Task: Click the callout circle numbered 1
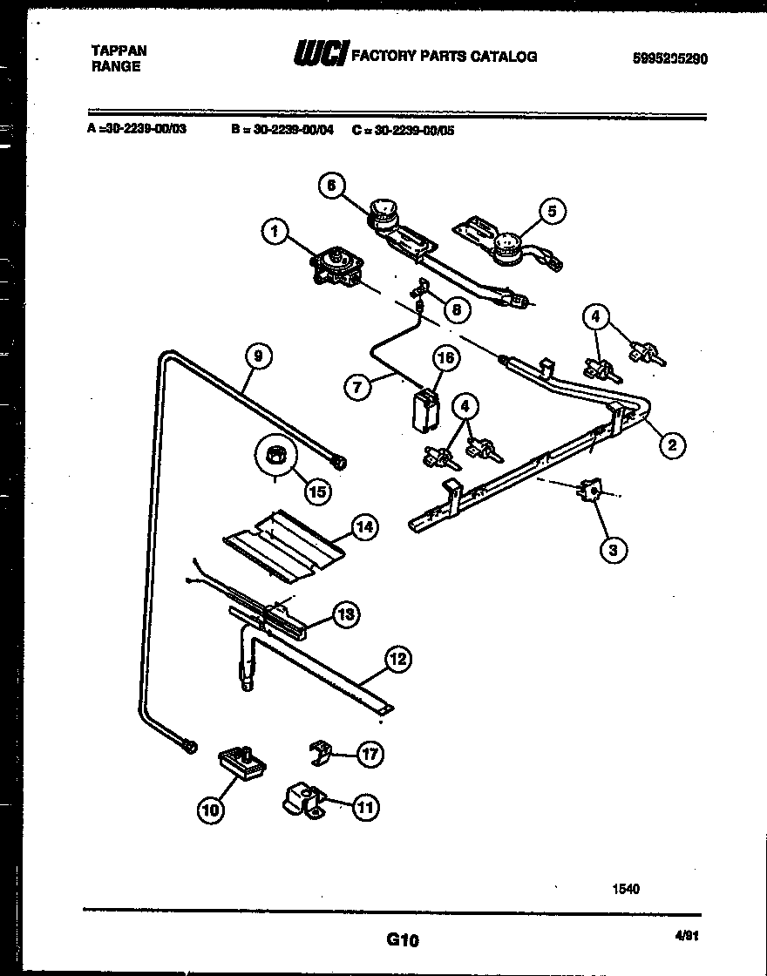pyautogui.click(x=275, y=232)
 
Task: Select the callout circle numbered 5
pyautogui.click(x=551, y=210)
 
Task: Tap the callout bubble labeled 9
pyautogui.click(x=258, y=356)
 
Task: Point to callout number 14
pyautogui.click(x=364, y=527)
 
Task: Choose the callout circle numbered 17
pyautogui.click(x=370, y=754)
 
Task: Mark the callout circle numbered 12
pyautogui.click(x=397, y=660)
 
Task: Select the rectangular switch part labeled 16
pyautogui.click(x=424, y=409)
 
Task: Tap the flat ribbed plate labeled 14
pyautogui.click(x=282, y=543)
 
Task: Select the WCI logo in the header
pyautogui.click(x=322, y=56)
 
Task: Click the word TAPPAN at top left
pyautogui.click(x=119, y=51)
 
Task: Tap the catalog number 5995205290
pyautogui.click(x=669, y=59)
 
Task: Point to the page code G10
pyautogui.click(x=402, y=940)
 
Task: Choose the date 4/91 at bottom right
pyautogui.click(x=687, y=937)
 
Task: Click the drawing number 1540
pyautogui.click(x=626, y=889)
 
